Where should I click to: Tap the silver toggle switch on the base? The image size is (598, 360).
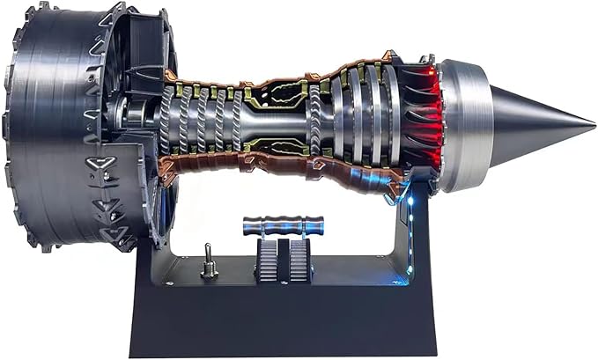coord(209,261)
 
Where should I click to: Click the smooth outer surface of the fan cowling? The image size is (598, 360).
coord(40,132)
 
